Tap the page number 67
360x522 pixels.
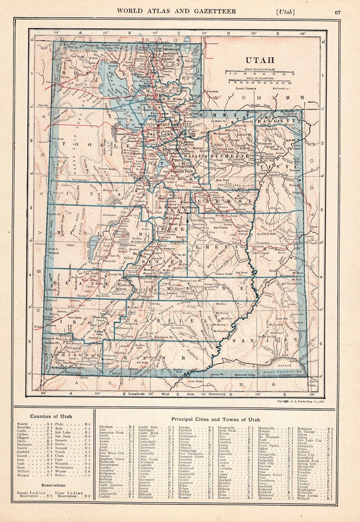(337, 12)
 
